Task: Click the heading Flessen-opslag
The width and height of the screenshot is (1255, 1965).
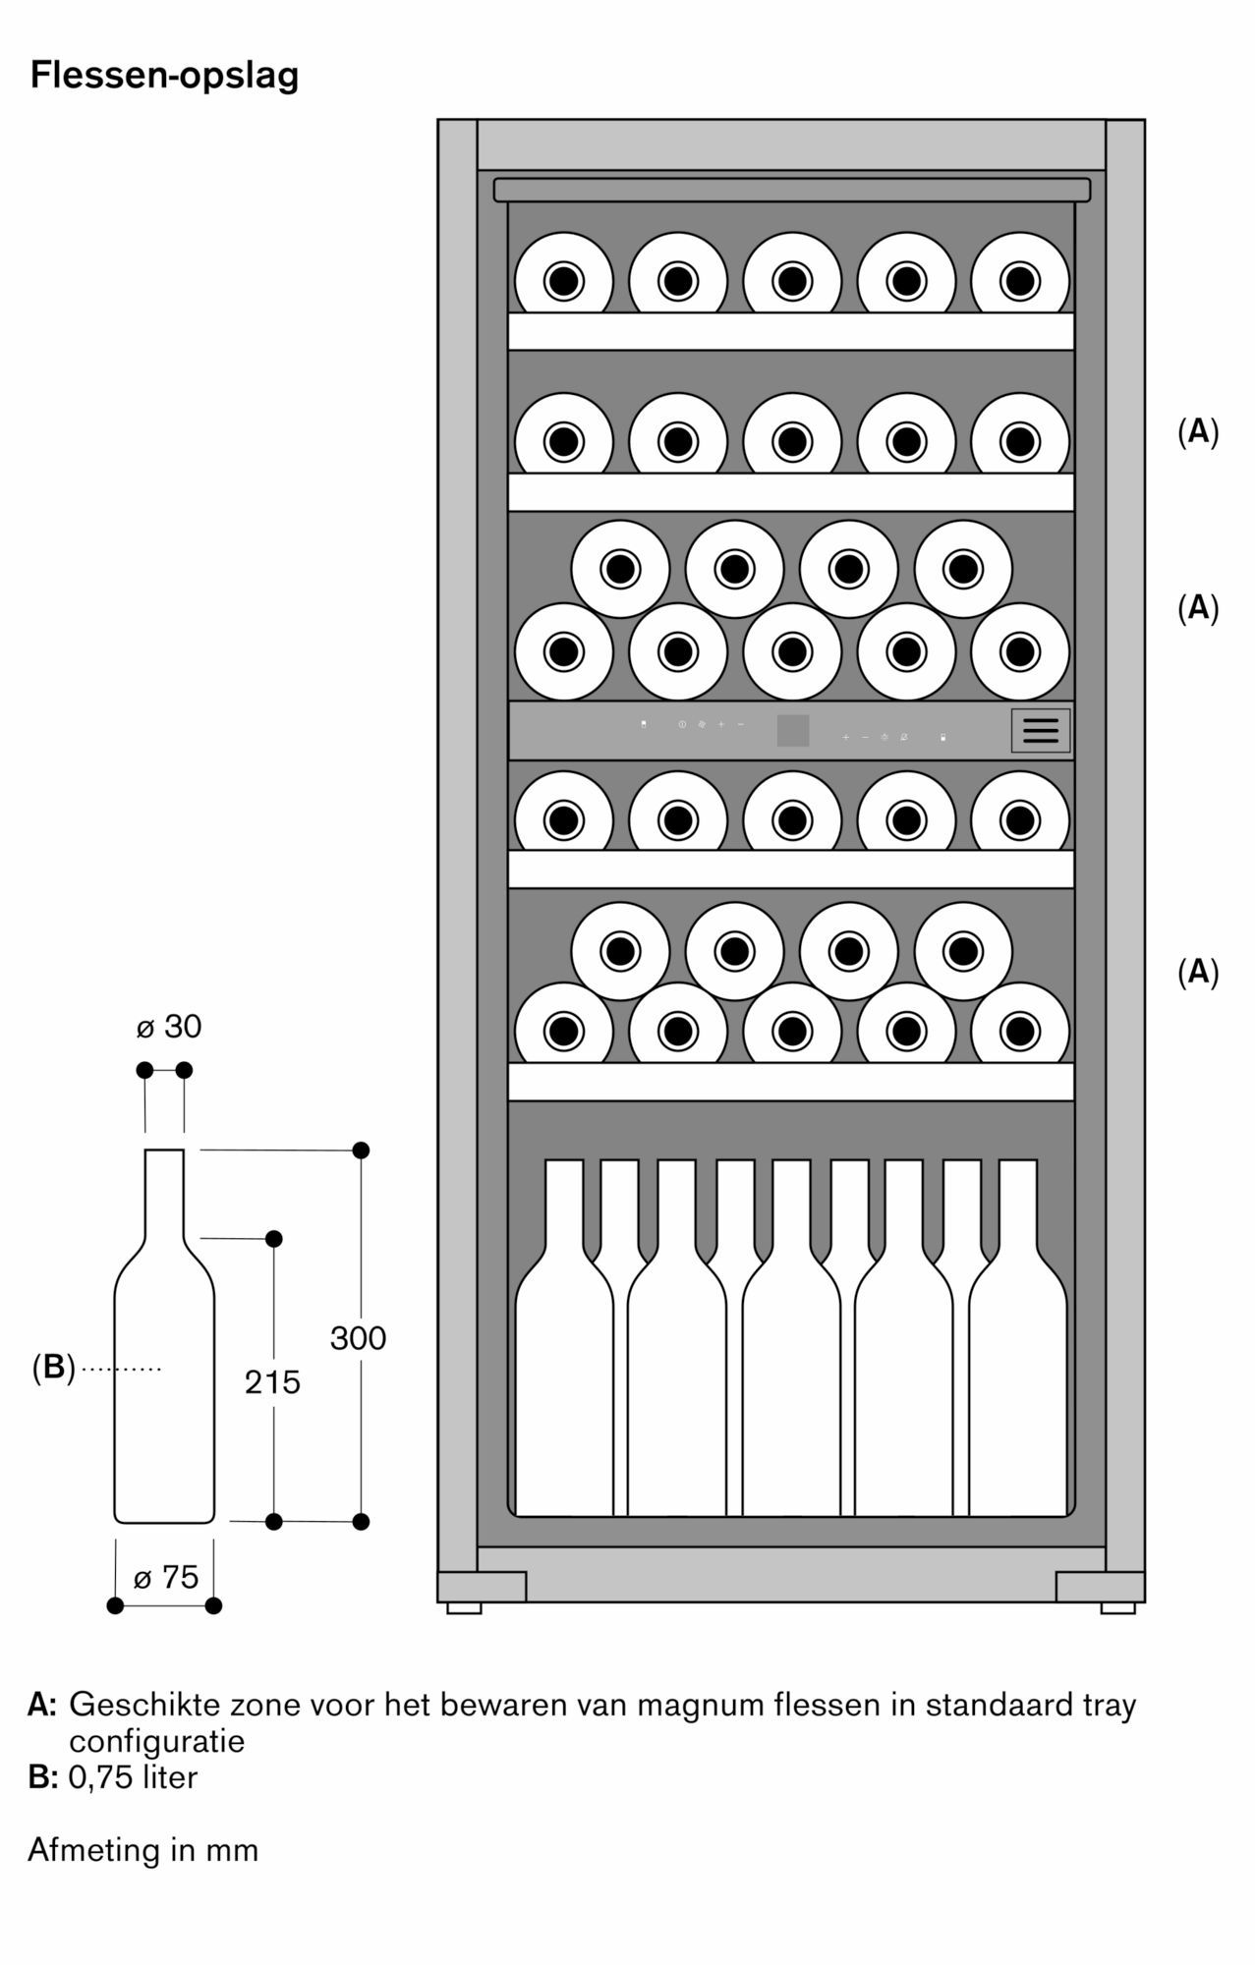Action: coord(164,76)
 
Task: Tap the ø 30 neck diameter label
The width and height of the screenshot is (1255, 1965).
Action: coord(168,1027)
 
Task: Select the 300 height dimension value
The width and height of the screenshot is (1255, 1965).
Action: coord(358,1338)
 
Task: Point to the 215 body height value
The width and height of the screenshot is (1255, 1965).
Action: coord(272,1382)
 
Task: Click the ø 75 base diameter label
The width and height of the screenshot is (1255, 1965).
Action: coord(165,1577)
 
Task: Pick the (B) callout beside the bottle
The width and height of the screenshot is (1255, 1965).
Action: coord(53,1367)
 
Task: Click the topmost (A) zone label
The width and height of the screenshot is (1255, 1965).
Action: coord(1197,431)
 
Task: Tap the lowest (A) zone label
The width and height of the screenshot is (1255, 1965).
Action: coord(1197,972)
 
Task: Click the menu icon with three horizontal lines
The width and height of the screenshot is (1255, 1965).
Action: coord(1040,730)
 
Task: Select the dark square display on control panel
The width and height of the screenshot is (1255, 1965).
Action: coord(793,730)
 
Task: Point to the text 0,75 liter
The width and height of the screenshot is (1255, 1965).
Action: coord(133,1777)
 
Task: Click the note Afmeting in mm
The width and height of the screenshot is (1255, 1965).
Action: coord(143,1850)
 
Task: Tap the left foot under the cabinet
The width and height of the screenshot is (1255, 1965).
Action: coord(464,1608)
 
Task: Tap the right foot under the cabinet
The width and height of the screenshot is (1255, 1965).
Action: coord(1117,1608)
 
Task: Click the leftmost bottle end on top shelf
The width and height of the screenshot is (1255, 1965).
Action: coord(563,282)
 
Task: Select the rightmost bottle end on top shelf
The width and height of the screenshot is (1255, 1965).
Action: coord(1019,282)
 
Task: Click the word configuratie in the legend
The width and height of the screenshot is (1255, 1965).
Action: coord(156,1741)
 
